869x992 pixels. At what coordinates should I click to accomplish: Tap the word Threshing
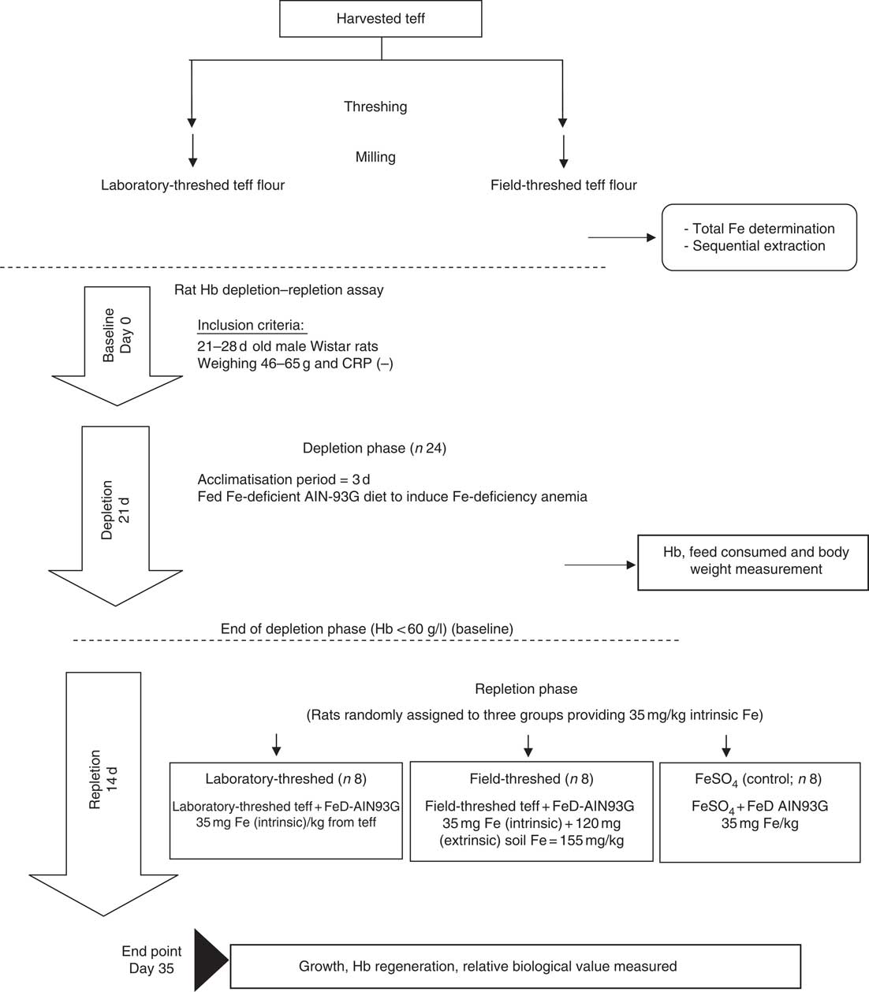(375, 106)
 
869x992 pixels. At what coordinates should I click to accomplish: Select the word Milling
(375, 157)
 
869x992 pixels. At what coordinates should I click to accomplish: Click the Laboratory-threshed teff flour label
(192, 185)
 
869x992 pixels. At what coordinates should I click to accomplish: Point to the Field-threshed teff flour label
(564, 185)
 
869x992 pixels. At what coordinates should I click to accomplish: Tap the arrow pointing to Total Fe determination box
(621, 237)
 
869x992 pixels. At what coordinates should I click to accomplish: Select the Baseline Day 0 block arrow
(117, 345)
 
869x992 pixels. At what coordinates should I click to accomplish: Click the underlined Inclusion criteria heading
(251, 326)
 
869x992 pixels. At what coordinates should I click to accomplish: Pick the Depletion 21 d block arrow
(116, 516)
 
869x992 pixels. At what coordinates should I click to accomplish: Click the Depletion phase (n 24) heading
(375, 449)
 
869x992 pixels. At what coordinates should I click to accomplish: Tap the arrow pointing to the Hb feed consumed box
(600, 565)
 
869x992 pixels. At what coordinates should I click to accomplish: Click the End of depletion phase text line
(367, 628)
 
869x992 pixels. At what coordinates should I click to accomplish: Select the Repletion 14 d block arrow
(103, 793)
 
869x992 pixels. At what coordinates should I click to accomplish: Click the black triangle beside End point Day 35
(208, 960)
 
